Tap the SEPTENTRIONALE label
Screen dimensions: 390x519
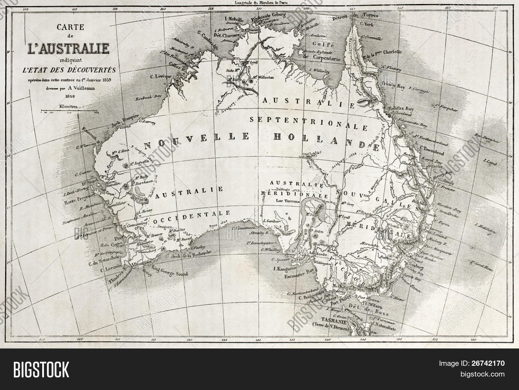308,122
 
